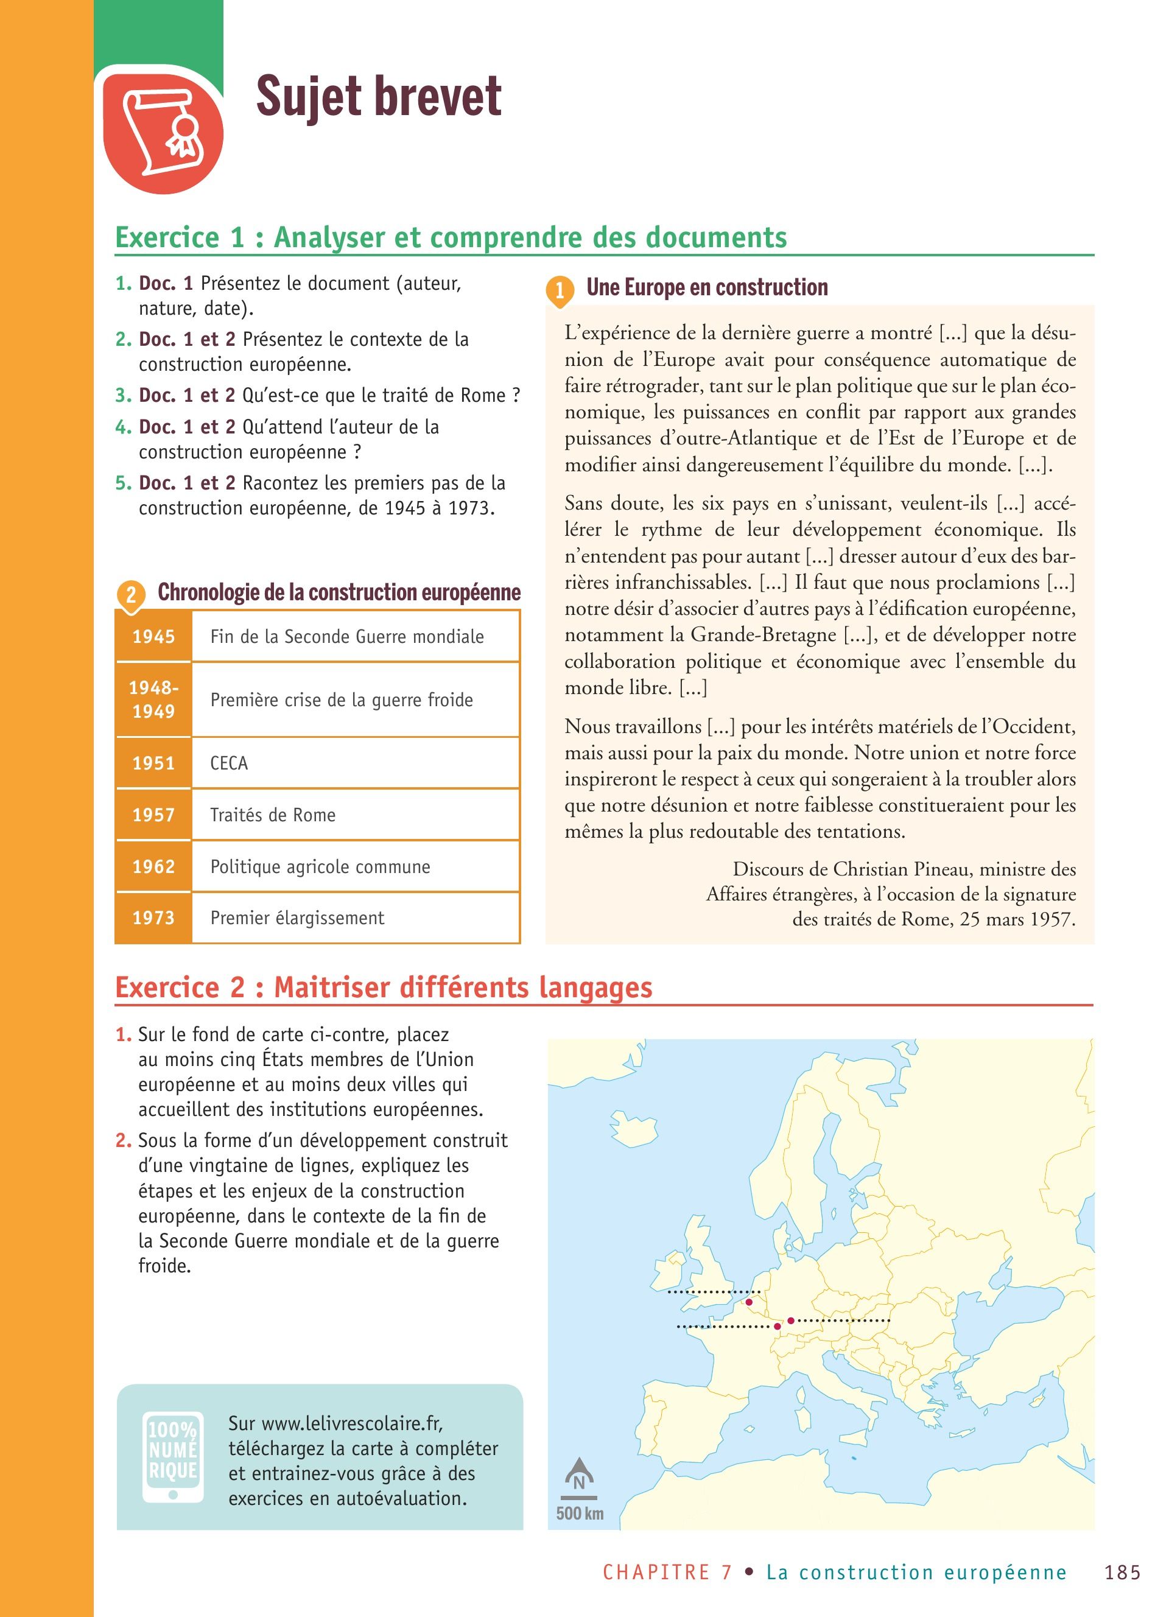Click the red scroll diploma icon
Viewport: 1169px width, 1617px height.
coord(163,131)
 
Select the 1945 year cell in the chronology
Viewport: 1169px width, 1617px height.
coord(153,637)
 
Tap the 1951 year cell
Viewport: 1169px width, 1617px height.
coord(153,763)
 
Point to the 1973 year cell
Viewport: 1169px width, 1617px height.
coord(153,917)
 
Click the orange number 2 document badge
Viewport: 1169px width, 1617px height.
coord(130,595)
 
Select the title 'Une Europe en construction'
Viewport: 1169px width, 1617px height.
coord(707,287)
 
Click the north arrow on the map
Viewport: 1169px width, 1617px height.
coord(579,1475)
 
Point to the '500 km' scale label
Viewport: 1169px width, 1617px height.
coord(580,1514)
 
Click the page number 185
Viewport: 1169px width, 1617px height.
coord(1123,1572)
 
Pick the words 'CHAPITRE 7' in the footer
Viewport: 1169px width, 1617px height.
coord(667,1572)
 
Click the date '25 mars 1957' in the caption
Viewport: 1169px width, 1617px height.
coord(1017,919)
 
